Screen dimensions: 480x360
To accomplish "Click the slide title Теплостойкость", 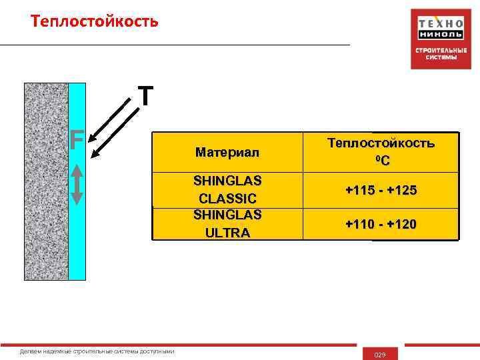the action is tap(95, 22).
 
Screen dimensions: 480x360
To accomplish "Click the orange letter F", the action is tap(77, 141).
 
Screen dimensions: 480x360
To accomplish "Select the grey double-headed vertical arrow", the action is tap(77, 184).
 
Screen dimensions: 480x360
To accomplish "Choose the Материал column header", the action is tap(227, 153).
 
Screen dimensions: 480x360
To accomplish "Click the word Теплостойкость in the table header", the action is tap(381, 143).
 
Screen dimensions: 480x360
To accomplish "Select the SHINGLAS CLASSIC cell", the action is tap(227, 190).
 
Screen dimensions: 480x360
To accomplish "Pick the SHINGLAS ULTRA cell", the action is tap(227, 223).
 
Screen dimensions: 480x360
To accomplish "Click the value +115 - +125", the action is tap(381, 191).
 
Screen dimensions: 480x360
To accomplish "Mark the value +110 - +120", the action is tap(381, 225).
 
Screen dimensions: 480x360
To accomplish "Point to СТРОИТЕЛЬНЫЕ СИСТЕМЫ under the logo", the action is tap(440, 54).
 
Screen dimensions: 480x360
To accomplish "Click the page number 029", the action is tap(381, 354).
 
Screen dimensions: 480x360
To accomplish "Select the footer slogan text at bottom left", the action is tap(97, 351).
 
